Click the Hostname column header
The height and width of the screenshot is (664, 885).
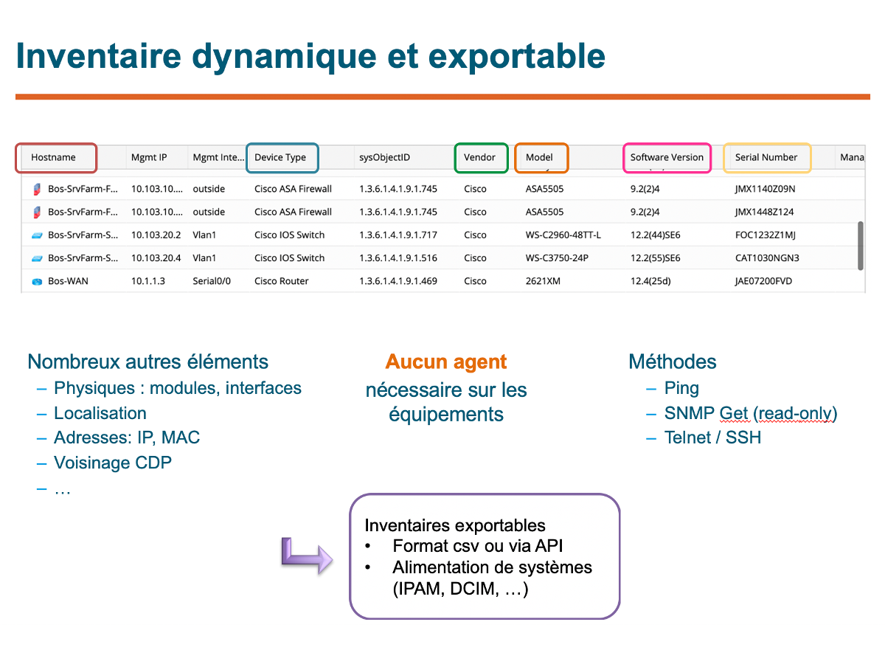pyautogui.click(x=53, y=157)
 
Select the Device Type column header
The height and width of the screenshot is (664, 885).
pyautogui.click(x=280, y=157)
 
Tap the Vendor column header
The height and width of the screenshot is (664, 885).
pyautogui.click(x=479, y=157)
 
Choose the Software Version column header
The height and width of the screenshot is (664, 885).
pyautogui.click(x=667, y=157)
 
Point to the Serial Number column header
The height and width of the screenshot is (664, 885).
pyautogui.click(x=766, y=157)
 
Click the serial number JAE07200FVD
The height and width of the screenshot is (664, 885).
pyautogui.click(x=763, y=281)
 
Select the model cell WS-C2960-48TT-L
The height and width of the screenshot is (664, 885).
pyautogui.click(x=563, y=235)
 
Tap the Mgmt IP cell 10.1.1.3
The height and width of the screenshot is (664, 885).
pyautogui.click(x=148, y=281)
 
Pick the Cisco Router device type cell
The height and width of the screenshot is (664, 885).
pyautogui.click(x=282, y=281)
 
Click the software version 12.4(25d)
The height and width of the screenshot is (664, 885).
pyautogui.click(x=650, y=281)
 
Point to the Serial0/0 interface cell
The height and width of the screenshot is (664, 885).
pyautogui.click(x=212, y=281)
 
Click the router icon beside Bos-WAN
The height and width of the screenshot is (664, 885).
pyautogui.click(x=37, y=281)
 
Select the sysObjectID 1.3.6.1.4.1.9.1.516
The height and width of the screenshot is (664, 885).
pyautogui.click(x=398, y=258)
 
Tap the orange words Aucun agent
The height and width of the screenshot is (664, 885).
pyautogui.click(x=446, y=362)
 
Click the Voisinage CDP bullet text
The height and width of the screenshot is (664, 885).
pyautogui.click(x=113, y=463)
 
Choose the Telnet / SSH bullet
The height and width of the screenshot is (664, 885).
pyautogui.click(x=713, y=438)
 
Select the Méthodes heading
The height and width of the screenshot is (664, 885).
pyautogui.click(x=673, y=362)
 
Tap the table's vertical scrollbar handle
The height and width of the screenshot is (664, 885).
pyautogui.click(x=861, y=246)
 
